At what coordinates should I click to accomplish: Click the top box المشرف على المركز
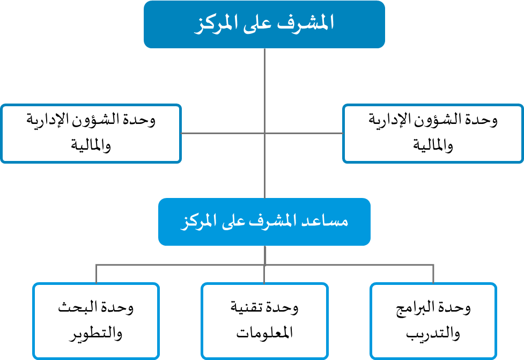[x=264, y=24]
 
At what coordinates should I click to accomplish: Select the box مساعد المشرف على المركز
[x=264, y=222]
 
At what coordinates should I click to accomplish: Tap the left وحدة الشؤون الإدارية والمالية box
[x=91, y=133]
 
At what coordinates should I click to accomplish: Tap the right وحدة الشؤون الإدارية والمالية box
[x=433, y=133]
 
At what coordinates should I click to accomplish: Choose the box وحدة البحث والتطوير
[x=96, y=321]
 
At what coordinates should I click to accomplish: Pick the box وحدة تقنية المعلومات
[x=264, y=321]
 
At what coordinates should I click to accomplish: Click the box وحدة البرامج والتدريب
[x=433, y=321]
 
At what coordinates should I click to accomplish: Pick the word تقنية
[x=249, y=308]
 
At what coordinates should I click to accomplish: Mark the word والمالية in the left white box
[x=91, y=146]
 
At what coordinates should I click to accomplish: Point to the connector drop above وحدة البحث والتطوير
[x=96, y=274]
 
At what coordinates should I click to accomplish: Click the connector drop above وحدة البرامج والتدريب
[x=433, y=274]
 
